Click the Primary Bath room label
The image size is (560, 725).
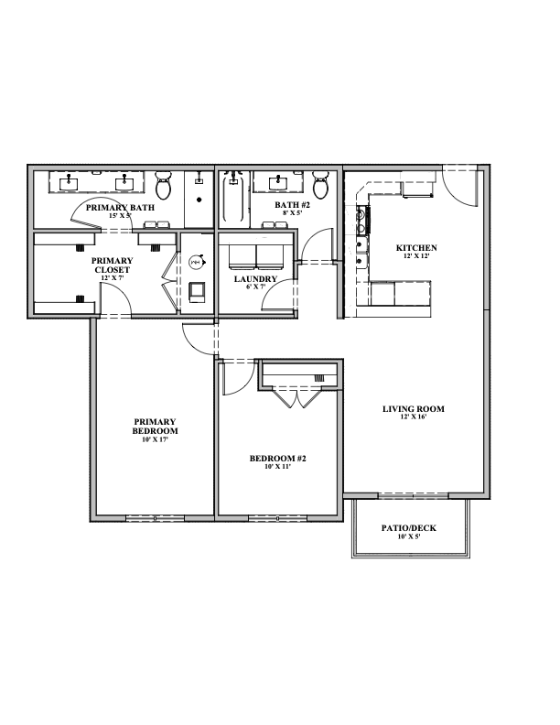tap(120, 208)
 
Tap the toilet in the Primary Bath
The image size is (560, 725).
tap(163, 185)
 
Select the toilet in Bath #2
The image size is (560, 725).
tap(320, 185)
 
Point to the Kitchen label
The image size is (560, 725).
tap(416, 248)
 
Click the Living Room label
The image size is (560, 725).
tap(414, 409)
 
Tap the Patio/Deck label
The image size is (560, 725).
tap(409, 528)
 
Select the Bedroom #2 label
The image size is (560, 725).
tap(277, 459)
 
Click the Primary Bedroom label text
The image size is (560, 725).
tap(156, 427)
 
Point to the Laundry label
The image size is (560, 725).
tap(255, 279)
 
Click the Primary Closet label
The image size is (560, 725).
tap(113, 265)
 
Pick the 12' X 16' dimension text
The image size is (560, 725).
tap(414, 417)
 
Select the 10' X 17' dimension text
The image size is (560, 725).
tap(156, 439)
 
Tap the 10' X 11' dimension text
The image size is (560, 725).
tap(277, 467)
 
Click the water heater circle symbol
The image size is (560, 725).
tap(196, 262)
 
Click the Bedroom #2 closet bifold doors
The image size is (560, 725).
tap(296, 397)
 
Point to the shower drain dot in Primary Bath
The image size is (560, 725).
tap(199, 200)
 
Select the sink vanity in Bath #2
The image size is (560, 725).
tap(278, 182)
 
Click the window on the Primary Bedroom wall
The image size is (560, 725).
tap(156, 518)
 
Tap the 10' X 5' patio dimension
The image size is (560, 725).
tap(409, 536)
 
